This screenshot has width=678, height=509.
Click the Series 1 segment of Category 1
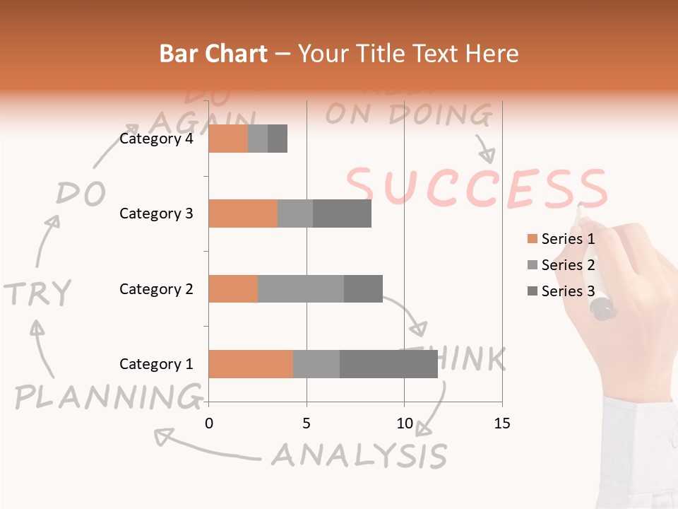pyautogui.click(x=251, y=364)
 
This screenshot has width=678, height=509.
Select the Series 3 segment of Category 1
pyautogui.click(x=388, y=364)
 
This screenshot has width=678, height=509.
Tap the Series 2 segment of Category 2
pyautogui.click(x=301, y=288)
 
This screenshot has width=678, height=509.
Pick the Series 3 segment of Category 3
pyautogui.click(x=342, y=213)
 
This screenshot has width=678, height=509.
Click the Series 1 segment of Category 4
pyautogui.click(x=228, y=139)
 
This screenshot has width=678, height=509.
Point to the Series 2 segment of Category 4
pyautogui.click(x=258, y=139)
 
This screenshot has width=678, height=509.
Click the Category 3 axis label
pyautogui.click(x=156, y=213)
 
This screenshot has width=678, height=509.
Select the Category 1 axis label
pyautogui.click(x=156, y=364)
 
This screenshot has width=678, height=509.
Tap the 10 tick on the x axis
pyautogui.click(x=404, y=423)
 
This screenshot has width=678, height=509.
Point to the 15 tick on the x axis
pyautogui.click(x=502, y=423)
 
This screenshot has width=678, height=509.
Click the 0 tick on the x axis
pyautogui.click(x=208, y=423)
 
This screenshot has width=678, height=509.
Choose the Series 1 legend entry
pyautogui.click(x=561, y=239)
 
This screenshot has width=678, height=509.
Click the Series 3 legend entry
pyautogui.click(x=561, y=291)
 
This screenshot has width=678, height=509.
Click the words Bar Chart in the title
pyautogui.click(x=213, y=53)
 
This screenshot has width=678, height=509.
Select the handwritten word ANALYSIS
pyautogui.click(x=359, y=455)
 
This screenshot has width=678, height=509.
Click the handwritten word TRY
pyautogui.click(x=38, y=293)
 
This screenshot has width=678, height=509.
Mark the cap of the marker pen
pyautogui.click(x=602, y=309)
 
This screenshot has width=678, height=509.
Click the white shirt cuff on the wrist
pyautogui.click(x=640, y=452)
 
